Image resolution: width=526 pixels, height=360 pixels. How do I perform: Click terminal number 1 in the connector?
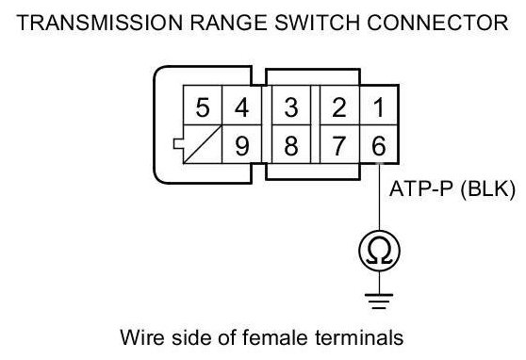379,106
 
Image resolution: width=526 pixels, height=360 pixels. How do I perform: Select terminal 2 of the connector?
339,106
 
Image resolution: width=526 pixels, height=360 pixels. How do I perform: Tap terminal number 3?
291,106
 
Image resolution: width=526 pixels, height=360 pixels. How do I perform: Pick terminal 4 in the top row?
241,106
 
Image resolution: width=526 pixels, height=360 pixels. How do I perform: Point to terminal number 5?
203,106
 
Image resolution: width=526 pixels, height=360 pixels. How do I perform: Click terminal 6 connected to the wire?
379,144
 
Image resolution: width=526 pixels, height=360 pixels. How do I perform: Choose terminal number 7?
339,144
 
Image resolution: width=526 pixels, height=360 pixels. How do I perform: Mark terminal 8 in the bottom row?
291,144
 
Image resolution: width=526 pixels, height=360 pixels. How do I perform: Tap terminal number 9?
241,144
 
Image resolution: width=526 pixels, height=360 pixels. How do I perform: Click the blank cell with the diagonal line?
203,144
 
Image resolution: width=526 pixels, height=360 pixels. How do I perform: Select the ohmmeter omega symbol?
379,251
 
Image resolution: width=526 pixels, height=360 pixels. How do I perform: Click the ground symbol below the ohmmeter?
379,301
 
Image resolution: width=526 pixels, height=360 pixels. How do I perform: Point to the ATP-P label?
421,188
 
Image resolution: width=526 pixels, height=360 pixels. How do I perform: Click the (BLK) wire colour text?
488,189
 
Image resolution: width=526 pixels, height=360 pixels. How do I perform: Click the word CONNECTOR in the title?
437,23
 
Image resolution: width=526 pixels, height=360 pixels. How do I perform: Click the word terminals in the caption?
359,337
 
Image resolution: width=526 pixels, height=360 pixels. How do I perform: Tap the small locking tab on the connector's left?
178,143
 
